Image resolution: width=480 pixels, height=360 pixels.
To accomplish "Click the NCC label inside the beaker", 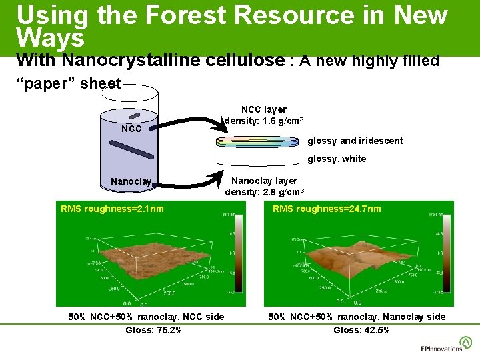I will [131, 129].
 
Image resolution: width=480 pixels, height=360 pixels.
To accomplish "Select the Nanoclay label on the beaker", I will [131, 181].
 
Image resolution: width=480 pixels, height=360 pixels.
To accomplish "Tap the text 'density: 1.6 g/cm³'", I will [265, 121].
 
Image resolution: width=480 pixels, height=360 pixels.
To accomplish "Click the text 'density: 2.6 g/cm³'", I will [265, 192].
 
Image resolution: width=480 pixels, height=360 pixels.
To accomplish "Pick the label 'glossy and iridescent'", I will [355, 141].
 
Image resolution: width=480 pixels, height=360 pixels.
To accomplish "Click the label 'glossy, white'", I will [337, 159].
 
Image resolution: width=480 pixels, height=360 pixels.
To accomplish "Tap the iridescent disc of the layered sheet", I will [258, 141].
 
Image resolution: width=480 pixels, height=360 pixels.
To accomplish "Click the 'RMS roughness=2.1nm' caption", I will [112, 209].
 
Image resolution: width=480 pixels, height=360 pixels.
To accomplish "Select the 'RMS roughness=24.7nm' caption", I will [327, 209].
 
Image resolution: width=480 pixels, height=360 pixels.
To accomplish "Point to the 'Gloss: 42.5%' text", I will [361, 330].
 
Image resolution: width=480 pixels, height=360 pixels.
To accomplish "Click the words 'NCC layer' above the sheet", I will [264, 109].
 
